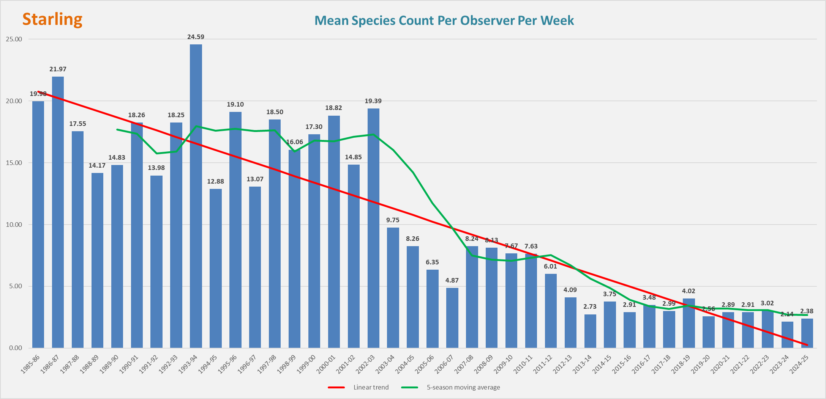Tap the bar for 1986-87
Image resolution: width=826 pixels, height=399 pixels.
pyautogui.click(x=58, y=212)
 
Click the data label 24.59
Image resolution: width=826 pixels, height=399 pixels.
pyautogui.click(x=196, y=37)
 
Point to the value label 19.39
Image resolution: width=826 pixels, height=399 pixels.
pyautogui.click(x=373, y=101)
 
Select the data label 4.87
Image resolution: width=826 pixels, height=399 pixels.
pyautogui.click(x=452, y=280)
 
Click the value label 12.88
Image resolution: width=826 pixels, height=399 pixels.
pyautogui.click(x=215, y=181)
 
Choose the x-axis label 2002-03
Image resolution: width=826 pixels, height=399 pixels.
pyautogui.click(x=365, y=364)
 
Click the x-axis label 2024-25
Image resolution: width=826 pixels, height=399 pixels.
pyautogui.click(x=799, y=364)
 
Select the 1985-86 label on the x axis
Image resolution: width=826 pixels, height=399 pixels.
pyautogui.click(x=30, y=364)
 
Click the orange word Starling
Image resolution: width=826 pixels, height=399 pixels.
pyautogui.click(x=52, y=19)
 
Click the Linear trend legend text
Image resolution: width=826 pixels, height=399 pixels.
pyautogui.click(x=371, y=387)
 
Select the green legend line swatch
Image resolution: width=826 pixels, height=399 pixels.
pyautogui.click(x=409, y=387)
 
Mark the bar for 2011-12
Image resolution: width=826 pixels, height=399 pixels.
pyautogui.click(x=551, y=311)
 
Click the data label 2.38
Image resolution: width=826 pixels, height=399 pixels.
pyautogui.click(x=807, y=311)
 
